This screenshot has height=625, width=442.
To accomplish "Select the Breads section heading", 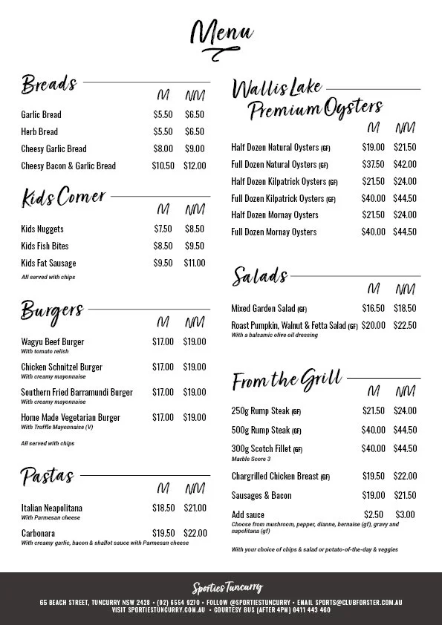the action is pos(49,84).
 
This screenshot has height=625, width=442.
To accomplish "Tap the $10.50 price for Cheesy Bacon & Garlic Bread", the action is pos(163,166).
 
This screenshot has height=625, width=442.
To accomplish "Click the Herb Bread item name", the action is pos(39,131).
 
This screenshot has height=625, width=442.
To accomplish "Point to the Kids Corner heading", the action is pos(64,198).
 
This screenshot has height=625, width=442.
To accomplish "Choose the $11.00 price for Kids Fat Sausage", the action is pos(194,264).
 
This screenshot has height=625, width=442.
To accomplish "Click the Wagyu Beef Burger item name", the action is pos(53,342).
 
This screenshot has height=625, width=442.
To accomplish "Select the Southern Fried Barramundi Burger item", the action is pos(77,393).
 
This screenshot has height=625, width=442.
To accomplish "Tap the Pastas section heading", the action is pos(48,475).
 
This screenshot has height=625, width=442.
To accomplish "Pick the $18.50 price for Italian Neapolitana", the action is pos(163,508).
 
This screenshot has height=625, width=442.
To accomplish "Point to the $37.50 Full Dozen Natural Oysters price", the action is pos(373,165).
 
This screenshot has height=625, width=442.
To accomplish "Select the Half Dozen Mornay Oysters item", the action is pos(275,215).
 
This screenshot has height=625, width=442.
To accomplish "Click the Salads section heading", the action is pos(260,276).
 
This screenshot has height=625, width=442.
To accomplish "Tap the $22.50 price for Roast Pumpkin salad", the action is pos(405,326).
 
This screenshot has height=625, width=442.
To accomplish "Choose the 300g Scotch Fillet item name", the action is pos(261,449).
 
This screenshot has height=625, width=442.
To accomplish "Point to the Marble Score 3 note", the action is pos(251,459).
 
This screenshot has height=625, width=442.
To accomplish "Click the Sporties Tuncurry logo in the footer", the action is pos(221,588).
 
